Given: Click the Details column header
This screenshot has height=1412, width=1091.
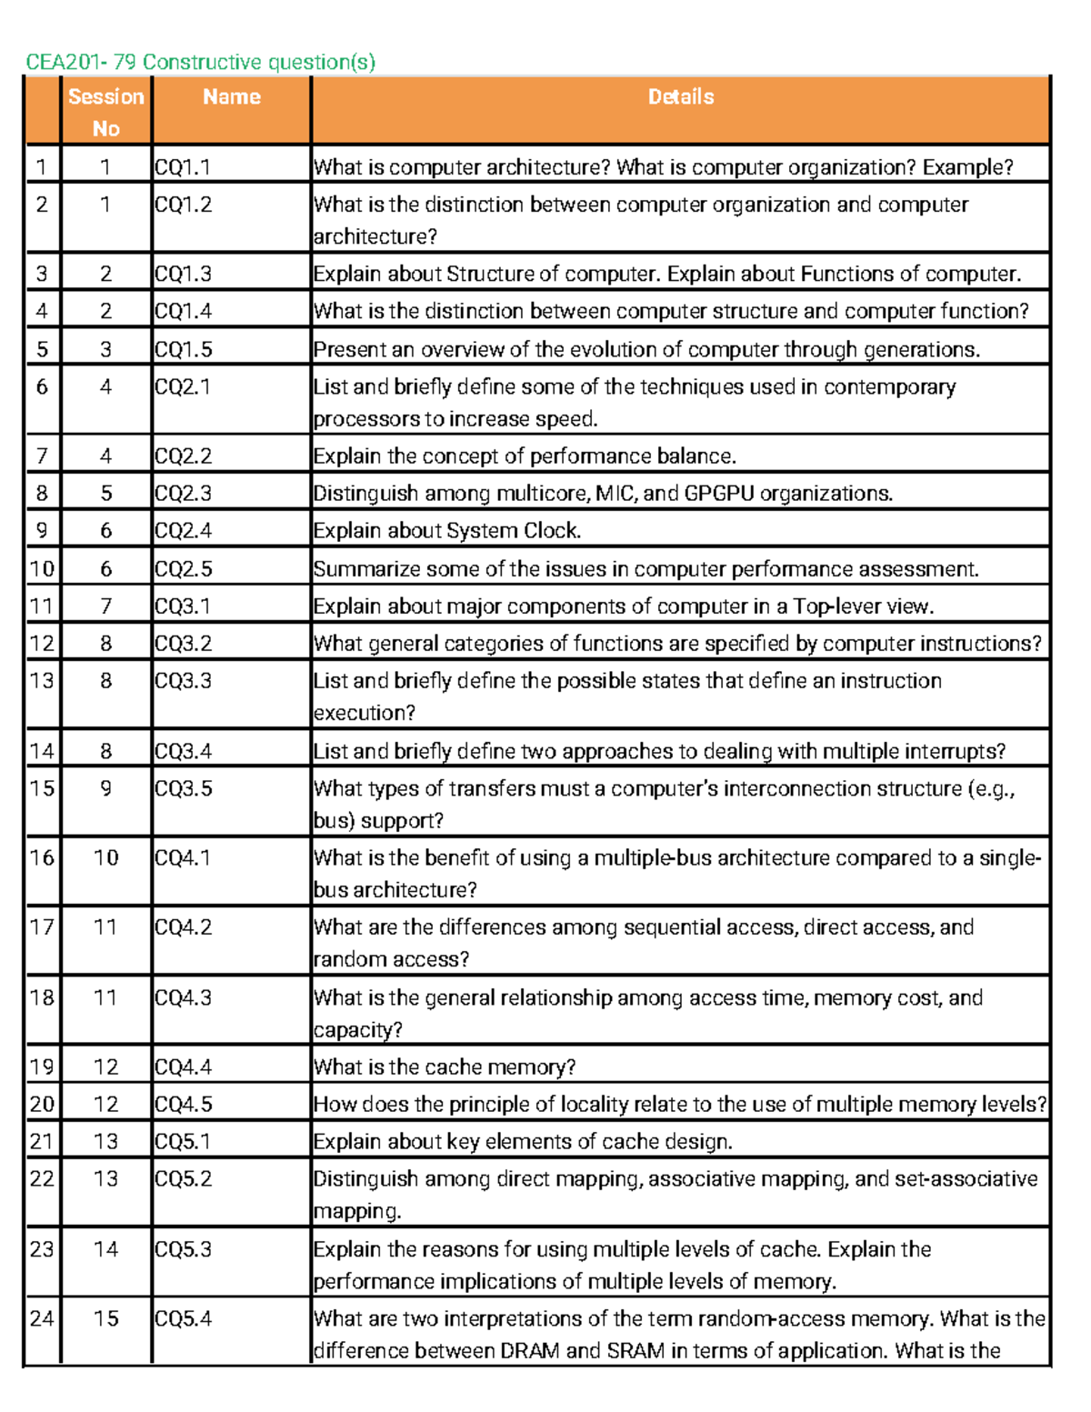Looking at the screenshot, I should pos(680,97).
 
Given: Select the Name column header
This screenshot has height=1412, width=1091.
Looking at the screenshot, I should pos(231,97).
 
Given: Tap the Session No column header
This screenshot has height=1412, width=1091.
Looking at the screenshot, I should pos(105,112).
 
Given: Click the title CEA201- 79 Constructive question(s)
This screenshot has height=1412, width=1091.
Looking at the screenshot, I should pos(200,62).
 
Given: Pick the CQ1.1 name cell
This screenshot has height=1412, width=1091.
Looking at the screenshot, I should pos(183,167).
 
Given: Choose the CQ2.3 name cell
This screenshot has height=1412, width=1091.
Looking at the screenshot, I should pos(183,494).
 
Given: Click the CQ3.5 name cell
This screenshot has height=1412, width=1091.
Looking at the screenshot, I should pos(183,788).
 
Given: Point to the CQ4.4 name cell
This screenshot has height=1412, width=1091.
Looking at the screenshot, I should pos(183,1067).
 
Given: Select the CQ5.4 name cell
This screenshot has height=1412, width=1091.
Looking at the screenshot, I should pos(183,1318).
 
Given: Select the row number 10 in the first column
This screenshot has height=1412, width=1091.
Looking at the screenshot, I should pos(42,569).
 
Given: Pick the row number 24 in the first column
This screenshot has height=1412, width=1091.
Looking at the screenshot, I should pos(42,1318).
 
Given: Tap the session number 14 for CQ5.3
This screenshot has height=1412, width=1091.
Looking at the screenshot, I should pos(105,1249).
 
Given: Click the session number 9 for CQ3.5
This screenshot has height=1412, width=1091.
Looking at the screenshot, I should pos(105,788).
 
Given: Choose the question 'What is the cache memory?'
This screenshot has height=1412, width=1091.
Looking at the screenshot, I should pos(445,1067).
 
